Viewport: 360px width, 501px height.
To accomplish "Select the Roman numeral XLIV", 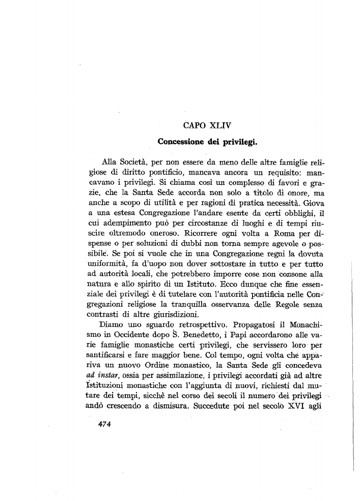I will point(218,123).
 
